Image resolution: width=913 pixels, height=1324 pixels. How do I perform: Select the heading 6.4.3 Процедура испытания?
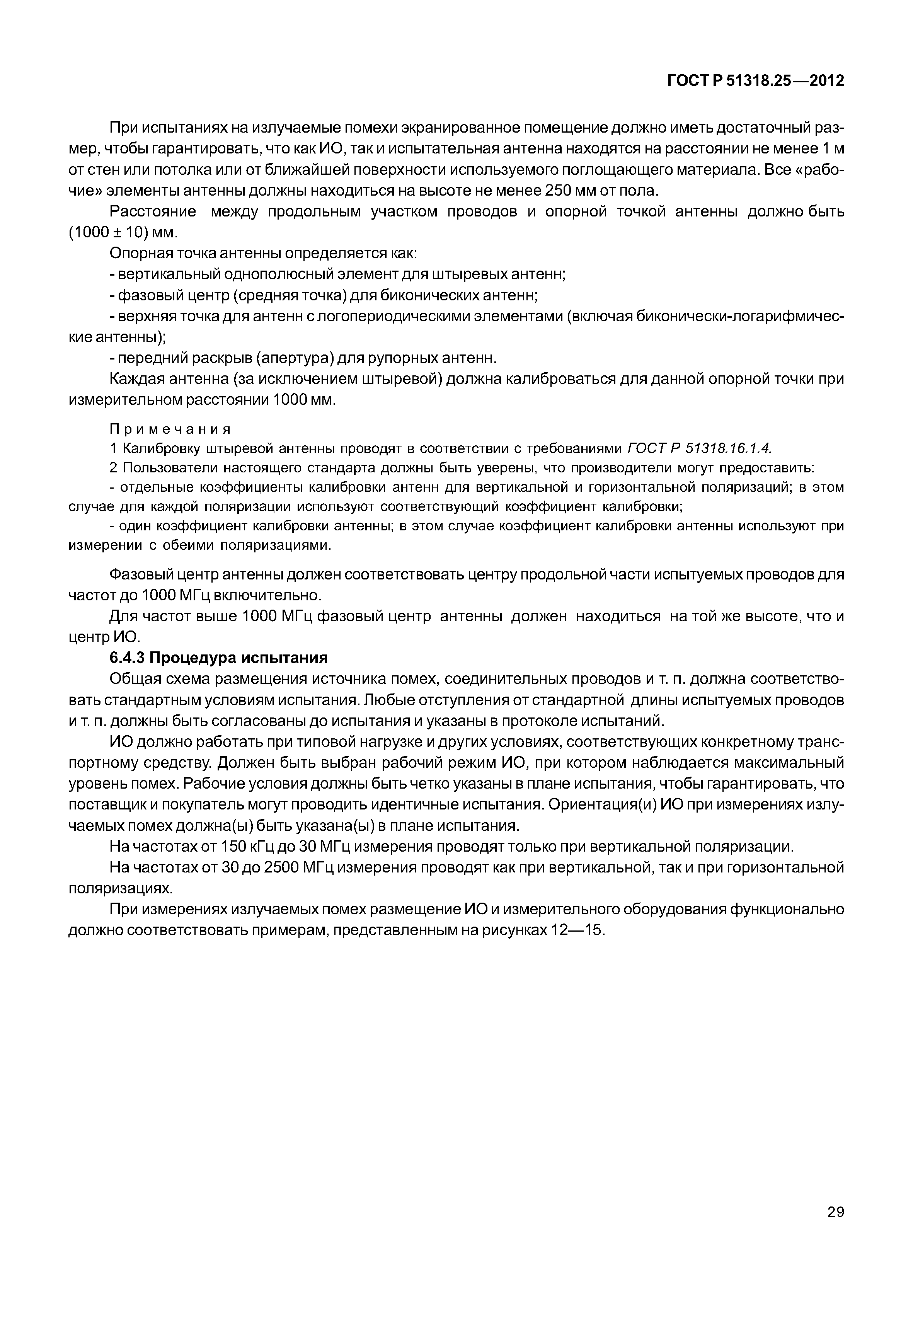point(218,658)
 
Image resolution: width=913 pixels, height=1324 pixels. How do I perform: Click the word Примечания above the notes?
point(170,429)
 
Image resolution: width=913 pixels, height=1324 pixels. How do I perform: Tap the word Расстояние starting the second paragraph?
point(153,212)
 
